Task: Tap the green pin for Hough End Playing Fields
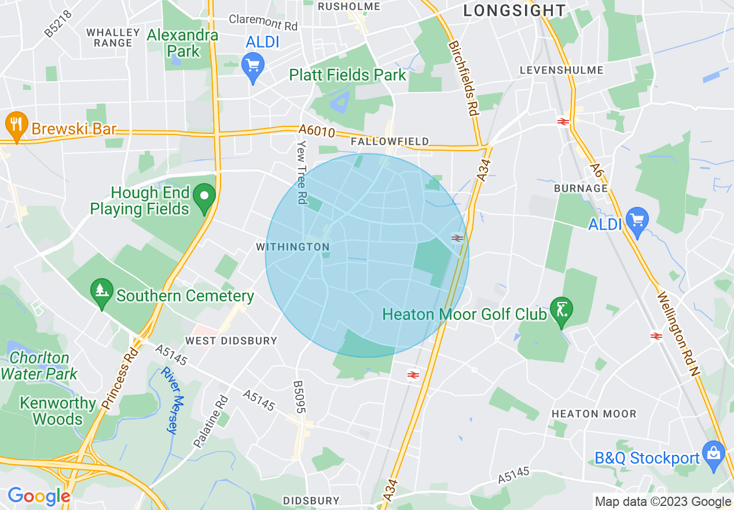click(204, 196)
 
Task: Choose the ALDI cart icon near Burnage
click(637, 221)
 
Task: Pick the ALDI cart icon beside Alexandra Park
click(253, 66)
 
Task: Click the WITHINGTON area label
click(293, 247)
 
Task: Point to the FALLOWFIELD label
click(390, 141)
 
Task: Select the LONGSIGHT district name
click(514, 10)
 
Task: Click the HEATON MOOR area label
click(594, 414)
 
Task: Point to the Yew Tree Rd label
click(301, 172)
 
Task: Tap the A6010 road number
click(317, 132)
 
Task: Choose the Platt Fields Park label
click(348, 75)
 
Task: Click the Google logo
click(39, 496)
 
